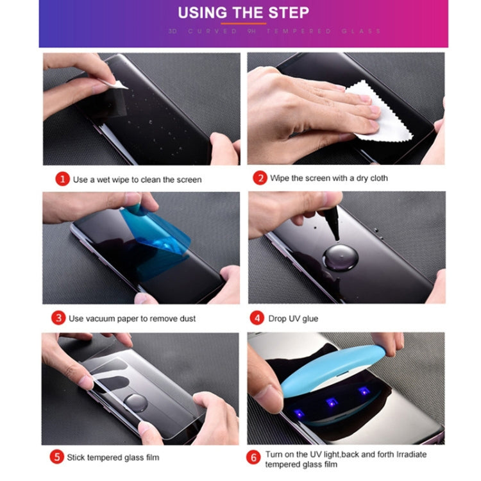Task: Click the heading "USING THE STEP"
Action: pos(243,12)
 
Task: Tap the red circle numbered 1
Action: pos(62,179)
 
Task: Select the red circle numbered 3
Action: pos(58,318)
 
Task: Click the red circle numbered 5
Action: pos(58,457)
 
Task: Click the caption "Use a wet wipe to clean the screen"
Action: pos(137,180)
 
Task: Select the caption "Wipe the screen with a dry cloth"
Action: pos(328,178)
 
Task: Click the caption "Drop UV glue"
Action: pos(292,319)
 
